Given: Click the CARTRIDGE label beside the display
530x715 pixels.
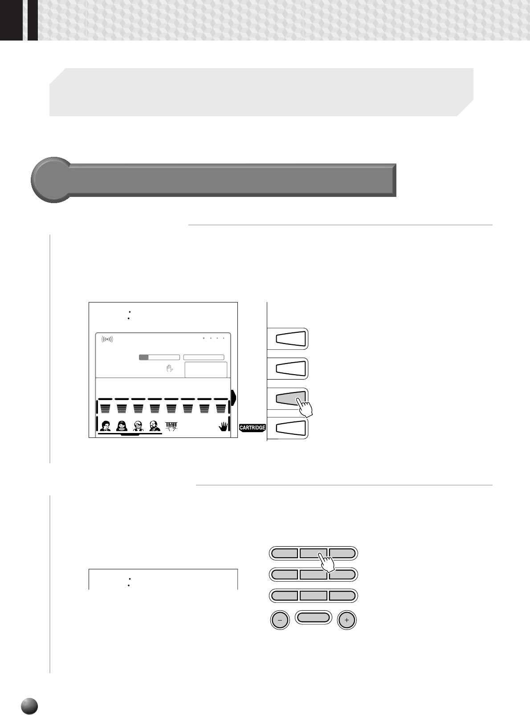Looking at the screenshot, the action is coord(253,427).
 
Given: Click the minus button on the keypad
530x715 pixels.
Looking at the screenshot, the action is coord(280,620).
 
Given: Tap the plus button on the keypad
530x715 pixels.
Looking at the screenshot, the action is coord(347,620).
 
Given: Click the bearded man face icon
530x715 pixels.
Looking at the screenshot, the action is coord(155,426).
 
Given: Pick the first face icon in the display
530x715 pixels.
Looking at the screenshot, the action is coord(105,426).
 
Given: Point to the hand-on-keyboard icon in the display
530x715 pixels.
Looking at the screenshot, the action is coord(171,426).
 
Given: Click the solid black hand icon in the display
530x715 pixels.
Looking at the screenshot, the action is coord(223,427).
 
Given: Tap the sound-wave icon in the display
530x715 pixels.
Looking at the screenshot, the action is coord(107,339).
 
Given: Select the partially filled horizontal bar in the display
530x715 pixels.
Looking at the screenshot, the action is coord(159,357).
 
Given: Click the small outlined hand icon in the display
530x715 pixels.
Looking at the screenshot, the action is coord(169,368).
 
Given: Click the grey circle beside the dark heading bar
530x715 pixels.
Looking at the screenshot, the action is coord(51,180).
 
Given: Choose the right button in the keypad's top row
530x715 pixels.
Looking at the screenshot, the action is coord(343,553).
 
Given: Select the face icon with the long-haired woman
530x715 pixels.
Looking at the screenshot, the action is coord(122,426).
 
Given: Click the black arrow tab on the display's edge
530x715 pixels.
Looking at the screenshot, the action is coord(233,397).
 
